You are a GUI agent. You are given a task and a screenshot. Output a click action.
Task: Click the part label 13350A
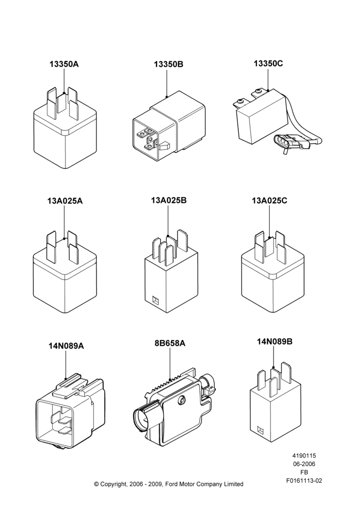coord(64,64)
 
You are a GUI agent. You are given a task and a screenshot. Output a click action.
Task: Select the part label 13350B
coord(169,64)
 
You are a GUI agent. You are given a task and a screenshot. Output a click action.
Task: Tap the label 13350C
coord(268,63)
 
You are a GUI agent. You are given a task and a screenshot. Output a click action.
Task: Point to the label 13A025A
coord(65,201)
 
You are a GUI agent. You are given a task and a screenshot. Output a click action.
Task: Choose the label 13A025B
coord(169,200)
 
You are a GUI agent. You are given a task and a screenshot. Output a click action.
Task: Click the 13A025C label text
coord(269,201)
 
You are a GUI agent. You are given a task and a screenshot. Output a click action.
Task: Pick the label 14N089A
coord(66,346)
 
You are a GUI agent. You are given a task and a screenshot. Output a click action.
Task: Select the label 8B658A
coord(170,343)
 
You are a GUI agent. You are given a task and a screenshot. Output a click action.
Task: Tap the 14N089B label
coord(275,341)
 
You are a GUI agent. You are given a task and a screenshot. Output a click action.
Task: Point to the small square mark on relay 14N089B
coord(261,430)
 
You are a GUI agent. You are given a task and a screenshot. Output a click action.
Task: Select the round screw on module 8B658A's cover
coord(182,401)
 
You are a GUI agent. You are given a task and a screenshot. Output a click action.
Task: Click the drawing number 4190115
coord(304,456)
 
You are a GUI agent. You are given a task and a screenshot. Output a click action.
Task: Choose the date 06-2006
coord(304,464)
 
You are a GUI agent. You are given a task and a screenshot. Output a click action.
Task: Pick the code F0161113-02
coord(304,481)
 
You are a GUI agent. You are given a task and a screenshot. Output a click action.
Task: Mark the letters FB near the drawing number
coord(304,472)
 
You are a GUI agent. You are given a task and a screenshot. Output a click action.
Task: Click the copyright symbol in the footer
coord(96,484)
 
